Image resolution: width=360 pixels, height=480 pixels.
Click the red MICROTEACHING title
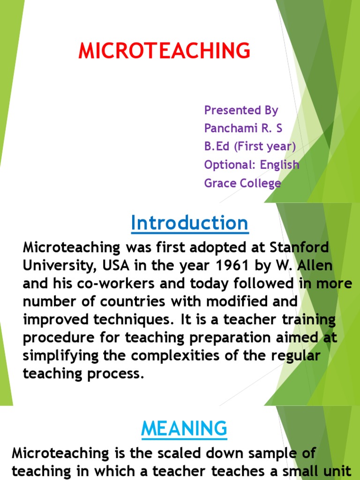point(164,51)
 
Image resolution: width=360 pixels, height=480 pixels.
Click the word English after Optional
point(280,165)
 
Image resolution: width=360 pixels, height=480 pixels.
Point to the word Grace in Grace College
point(219,183)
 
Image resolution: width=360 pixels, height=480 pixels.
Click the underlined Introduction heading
point(189,223)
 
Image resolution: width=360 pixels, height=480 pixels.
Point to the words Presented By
point(241,110)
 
